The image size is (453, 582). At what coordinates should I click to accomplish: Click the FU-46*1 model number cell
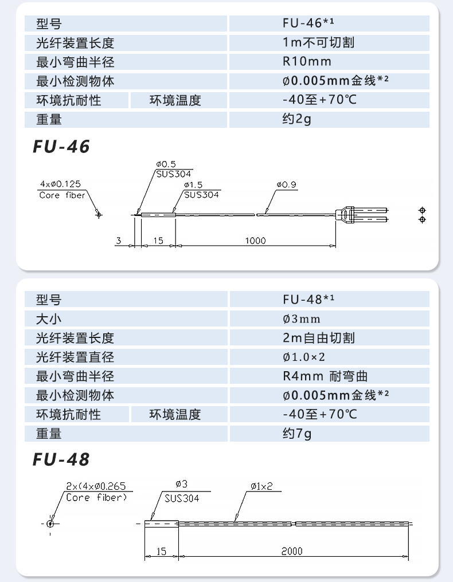pyautogui.click(x=308, y=23)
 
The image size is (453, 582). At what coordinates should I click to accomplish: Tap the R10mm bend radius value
pyautogui.click(x=307, y=61)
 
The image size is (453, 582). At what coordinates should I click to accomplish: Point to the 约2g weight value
pyautogui.click(x=297, y=119)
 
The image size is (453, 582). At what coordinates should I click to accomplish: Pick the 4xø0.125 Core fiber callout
pyautogui.click(x=61, y=190)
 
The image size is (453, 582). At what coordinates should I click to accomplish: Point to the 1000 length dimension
pyautogui.click(x=255, y=241)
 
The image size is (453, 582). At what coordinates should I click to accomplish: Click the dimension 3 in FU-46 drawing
pyautogui.click(x=118, y=241)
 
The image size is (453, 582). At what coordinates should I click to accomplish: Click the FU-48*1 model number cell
pyautogui.click(x=308, y=300)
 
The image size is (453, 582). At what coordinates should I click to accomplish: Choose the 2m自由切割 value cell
pyautogui.click(x=318, y=338)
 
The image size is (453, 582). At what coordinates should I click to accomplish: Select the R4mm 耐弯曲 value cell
pyautogui.click(x=325, y=376)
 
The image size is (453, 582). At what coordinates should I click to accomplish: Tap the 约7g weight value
pyautogui.click(x=297, y=433)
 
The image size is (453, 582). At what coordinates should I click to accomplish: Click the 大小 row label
pyautogui.click(x=48, y=318)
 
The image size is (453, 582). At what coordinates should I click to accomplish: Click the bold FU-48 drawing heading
pyautogui.click(x=61, y=459)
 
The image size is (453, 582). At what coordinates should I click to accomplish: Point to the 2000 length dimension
pyautogui.click(x=291, y=551)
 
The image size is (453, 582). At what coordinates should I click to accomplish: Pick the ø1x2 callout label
pyautogui.click(x=261, y=486)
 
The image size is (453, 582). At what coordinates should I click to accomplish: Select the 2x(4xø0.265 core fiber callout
pyautogui.click(x=95, y=491)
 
